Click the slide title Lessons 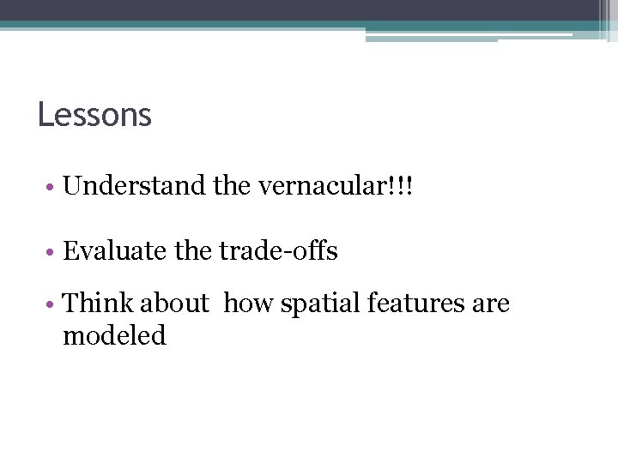tap(94, 115)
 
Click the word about tap(174, 303)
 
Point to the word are tap(491, 304)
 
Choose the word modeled tap(114, 335)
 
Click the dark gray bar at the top tap(292, 9)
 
